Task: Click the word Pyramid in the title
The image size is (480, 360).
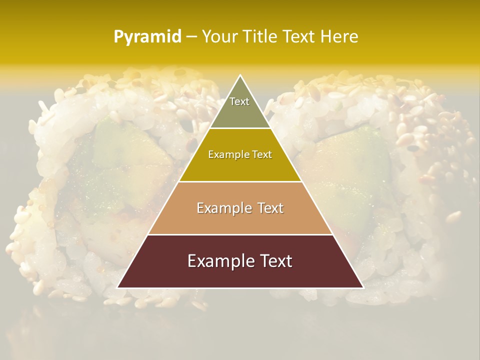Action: [x=147, y=36]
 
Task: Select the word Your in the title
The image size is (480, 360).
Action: [x=219, y=36]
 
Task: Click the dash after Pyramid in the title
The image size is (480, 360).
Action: [x=191, y=37]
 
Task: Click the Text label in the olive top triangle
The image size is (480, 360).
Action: [x=239, y=101]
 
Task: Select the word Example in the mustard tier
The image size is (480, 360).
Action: [x=228, y=155]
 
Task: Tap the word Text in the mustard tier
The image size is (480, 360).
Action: [x=261, y=155]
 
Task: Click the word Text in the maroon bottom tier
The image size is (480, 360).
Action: [x=275, y=261]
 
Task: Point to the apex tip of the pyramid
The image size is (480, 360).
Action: [x=240, y=76]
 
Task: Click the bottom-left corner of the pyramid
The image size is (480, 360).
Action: [x=118, y=287]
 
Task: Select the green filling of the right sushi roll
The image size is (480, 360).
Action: [x=350, y=165]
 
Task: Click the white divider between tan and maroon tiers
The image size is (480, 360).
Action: [x=240, y=234]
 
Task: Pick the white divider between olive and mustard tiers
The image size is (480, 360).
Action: [x=240, y=128]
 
